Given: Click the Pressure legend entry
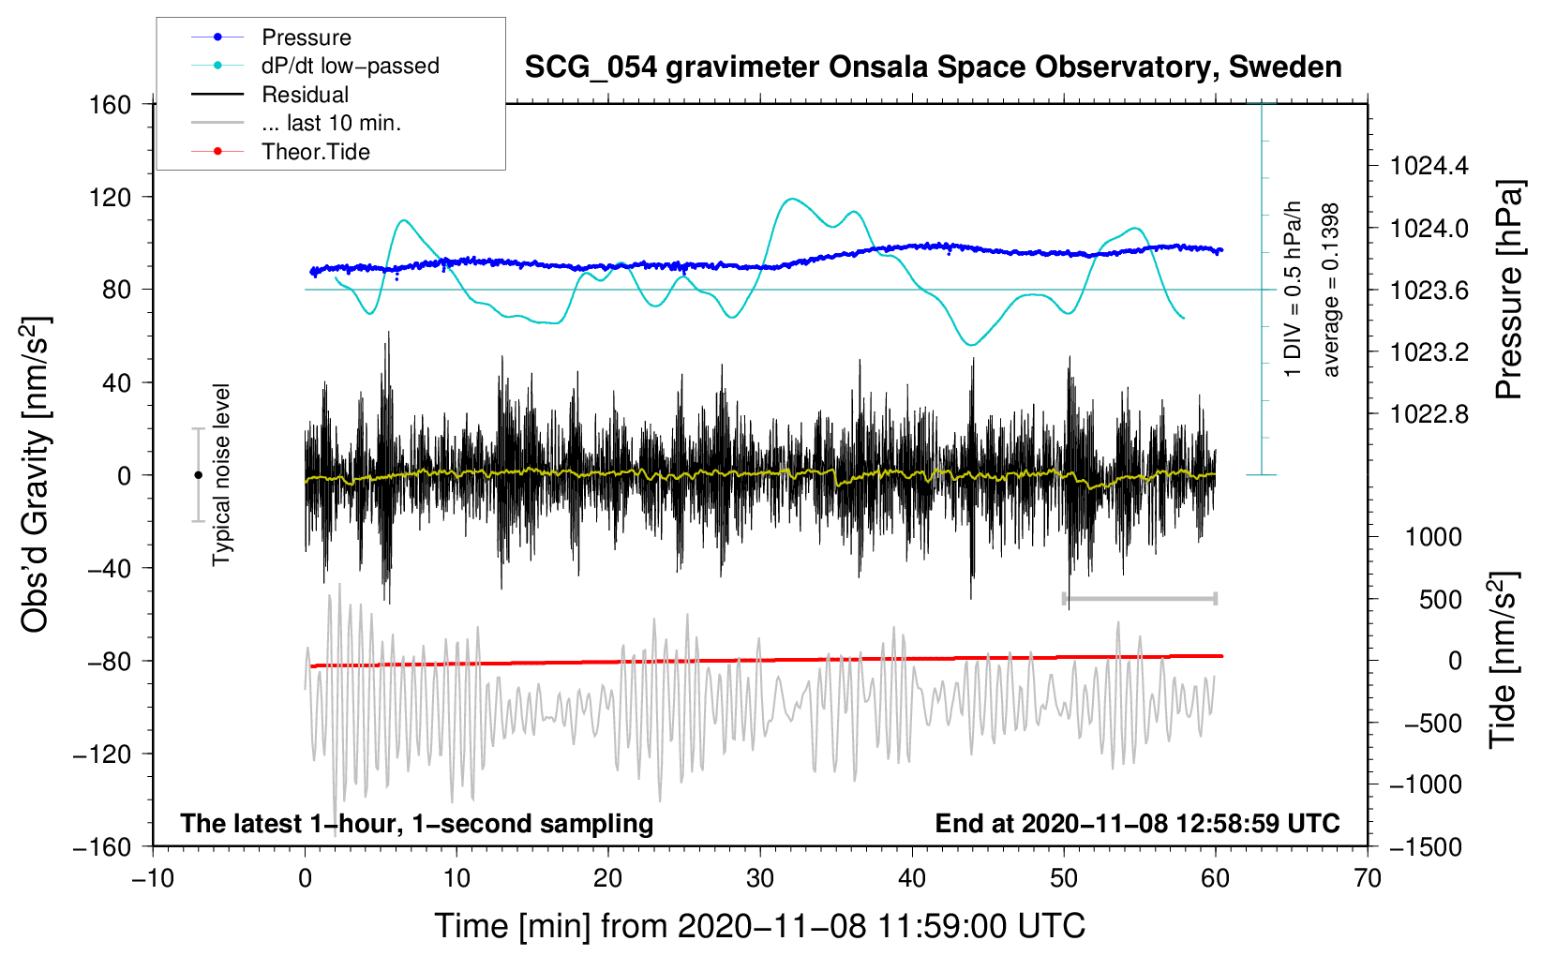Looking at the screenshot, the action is [272, 37].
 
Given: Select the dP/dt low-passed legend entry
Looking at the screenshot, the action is [315, 66].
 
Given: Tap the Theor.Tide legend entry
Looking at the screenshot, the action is [280, 152].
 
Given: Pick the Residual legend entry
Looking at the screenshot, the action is [270, 95].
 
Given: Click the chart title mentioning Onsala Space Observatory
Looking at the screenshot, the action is [933, 67].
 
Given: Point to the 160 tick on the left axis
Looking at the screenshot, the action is [111, 105].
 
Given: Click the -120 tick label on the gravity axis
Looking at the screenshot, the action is [102, 754].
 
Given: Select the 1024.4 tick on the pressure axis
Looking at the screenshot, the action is [1429, 166].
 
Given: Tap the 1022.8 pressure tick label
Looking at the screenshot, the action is [1429, 414].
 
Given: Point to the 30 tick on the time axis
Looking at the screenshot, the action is [760, 879].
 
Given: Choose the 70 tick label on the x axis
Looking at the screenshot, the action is [1367, 879].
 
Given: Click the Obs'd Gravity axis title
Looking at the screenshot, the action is [35, 474].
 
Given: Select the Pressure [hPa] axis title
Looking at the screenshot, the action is [1508, 290].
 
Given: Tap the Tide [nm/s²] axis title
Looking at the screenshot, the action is [1504, 660].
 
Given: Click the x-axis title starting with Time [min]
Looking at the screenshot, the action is [759, 926].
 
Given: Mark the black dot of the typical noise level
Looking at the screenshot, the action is [198, 475].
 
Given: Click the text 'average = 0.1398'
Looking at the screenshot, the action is [1329, 291].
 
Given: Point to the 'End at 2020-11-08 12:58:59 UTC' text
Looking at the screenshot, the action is [1137, 823].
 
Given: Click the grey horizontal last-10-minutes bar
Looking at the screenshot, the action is [1139, 598].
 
